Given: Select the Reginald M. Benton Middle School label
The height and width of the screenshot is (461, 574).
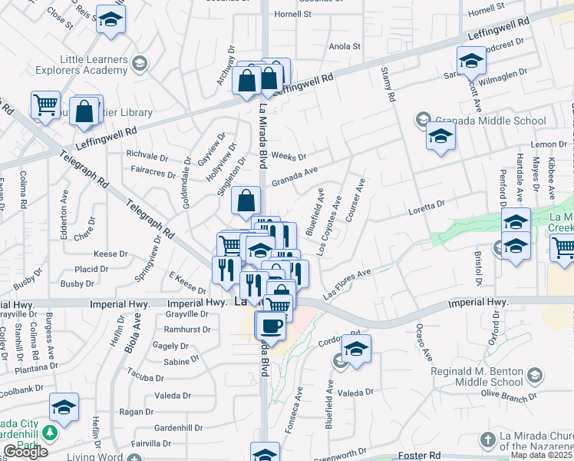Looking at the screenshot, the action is click(x=481, y=376).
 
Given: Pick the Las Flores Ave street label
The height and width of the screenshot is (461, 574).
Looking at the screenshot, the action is click(x=347, y=284).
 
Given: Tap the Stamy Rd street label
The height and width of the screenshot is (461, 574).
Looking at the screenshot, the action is click(x=388, y=85).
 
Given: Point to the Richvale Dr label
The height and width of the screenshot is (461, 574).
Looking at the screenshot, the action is click(x=149, y=154).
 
